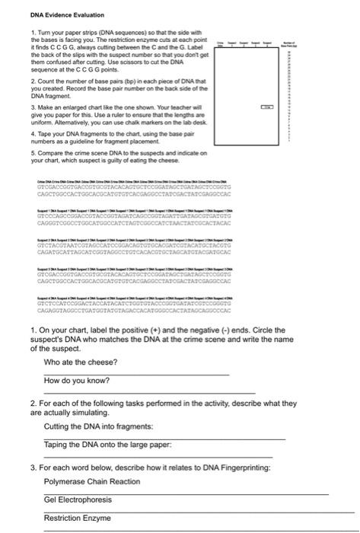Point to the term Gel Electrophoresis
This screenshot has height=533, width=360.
[x=78, y=499]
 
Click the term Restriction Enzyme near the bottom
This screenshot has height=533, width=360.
[x=78, y=518]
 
